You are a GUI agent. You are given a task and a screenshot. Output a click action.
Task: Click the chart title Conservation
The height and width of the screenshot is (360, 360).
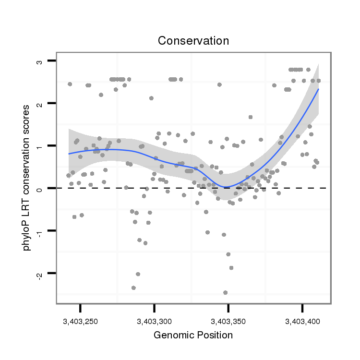pos(193,41)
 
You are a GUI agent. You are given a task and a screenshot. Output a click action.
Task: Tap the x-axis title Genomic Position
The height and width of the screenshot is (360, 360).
pos(193,335)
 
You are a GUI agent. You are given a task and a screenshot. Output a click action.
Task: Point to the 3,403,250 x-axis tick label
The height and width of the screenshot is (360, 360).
pos(80,321)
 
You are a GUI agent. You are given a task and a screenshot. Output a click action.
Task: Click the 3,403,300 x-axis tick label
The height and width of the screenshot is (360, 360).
pos(154,321)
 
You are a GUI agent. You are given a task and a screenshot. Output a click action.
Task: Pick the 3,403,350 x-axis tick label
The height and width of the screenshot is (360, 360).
pos(228,321)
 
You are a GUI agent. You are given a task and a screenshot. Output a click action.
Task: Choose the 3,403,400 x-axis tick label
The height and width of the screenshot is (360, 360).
pos(302,321)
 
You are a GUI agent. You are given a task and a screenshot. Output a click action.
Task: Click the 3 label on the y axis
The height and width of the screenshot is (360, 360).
pos(39,61)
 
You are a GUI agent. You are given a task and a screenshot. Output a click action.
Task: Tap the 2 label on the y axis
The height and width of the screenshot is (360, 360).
pos(39,103)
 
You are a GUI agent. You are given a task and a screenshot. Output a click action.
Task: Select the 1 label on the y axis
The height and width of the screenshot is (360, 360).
pos(39,146)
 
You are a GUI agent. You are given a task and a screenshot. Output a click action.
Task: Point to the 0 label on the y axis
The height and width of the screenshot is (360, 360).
pos(39,188)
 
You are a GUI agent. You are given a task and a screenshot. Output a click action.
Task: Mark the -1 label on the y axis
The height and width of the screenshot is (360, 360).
pos(39,231)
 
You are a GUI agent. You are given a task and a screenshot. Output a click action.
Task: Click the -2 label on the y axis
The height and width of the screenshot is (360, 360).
pos(39,274)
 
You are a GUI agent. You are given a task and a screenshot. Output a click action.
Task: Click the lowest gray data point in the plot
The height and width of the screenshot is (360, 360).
pos(225,292)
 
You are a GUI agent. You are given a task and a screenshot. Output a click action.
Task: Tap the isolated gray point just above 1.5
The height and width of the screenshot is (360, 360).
pos(250,117)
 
